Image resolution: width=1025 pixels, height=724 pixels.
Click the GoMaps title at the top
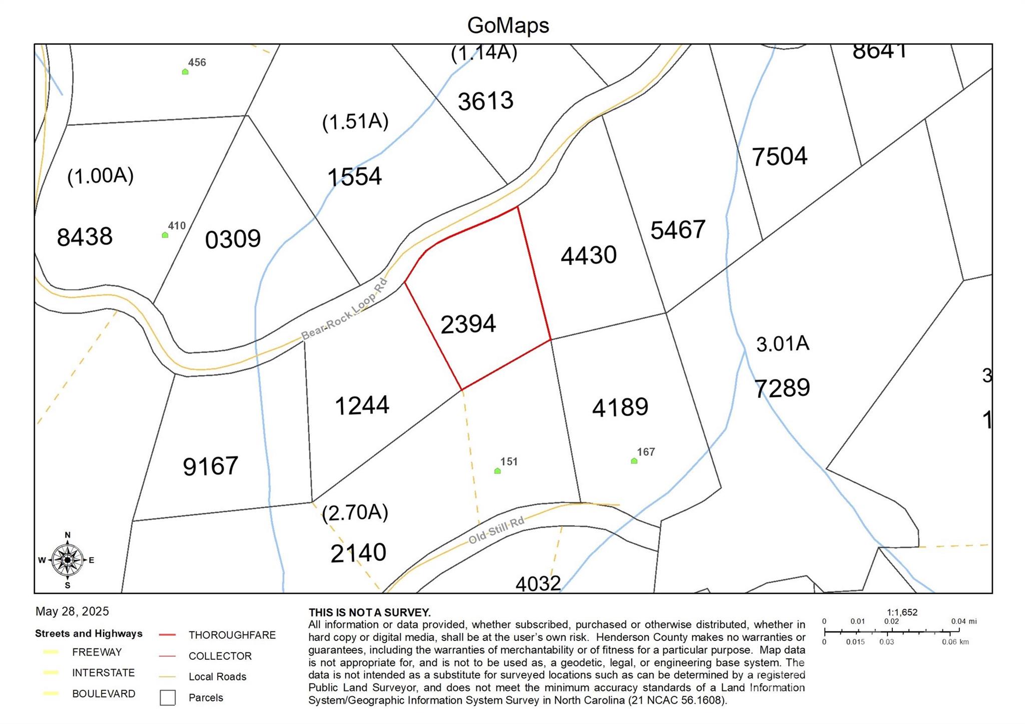(508, 25)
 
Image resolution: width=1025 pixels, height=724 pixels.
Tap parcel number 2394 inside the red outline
(468, 324)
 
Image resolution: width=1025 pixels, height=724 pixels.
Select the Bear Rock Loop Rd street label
(344, 310)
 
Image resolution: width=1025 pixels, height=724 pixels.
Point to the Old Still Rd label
(496, 530)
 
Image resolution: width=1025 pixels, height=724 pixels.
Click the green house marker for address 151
(497, 471)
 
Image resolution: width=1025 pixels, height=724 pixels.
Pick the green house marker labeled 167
(634, 461)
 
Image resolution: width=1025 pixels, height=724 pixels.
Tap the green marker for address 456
(185, 72)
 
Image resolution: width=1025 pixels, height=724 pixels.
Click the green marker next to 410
(165, 235)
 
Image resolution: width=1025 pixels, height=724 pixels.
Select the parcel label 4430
(589, 255)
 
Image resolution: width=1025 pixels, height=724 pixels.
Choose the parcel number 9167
(210, 466)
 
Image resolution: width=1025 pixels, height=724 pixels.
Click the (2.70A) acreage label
(355, 513)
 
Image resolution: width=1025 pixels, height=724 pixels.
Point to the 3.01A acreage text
(782, 344)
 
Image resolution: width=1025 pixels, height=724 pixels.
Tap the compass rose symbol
(68, 560)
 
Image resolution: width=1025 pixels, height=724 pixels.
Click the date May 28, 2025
(72, 611)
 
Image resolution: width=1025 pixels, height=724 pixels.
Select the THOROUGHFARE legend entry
(232, 635)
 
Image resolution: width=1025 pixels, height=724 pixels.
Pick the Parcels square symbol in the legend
(168, 697)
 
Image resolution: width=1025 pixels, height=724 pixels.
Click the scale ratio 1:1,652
(902, 612)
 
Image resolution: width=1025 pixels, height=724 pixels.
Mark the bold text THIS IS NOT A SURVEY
(369, 612)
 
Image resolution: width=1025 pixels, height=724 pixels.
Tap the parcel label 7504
(779, 156)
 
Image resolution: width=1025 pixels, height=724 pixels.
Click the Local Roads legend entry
(217, 676)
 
